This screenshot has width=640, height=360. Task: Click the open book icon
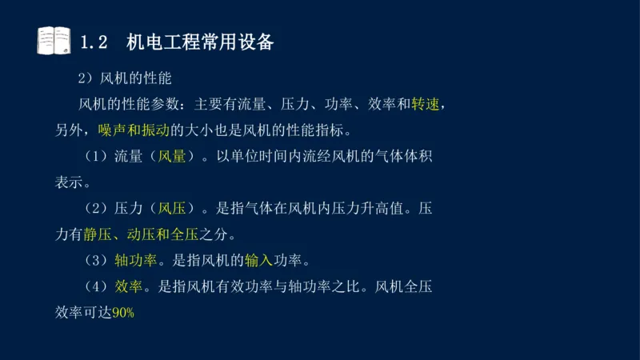pyautogui.click(x=54, y=41)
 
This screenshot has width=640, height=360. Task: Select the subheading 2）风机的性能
pyautogui.click(x=124, y=80)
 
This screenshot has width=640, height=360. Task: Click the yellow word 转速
pyautogui.click(x=426, y=105)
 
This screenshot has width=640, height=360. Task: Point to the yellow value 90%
pyautogui.click(x=123, y=313)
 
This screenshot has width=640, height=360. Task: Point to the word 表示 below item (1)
pyautogui.click(x=68, y=182)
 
